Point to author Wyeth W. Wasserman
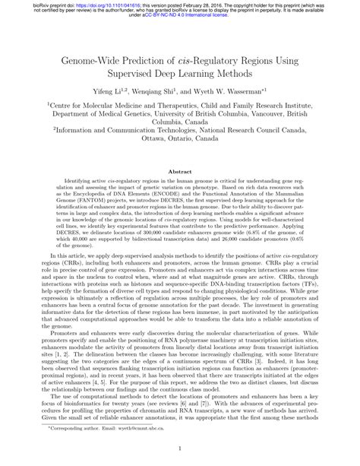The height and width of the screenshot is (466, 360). coord(241,88)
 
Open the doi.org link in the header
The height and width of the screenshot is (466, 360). coord(83,4)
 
